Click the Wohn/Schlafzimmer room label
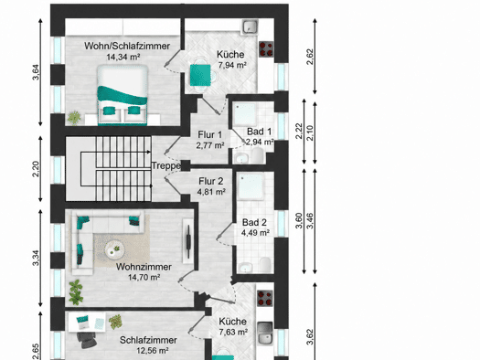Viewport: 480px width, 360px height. tap(127, 46)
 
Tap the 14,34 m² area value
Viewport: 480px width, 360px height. tap(123, 57)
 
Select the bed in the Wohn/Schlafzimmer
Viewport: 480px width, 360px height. tap(123, 95)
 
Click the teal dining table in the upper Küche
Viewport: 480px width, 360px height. tap(200, 75)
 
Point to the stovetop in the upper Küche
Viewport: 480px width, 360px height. tap(266, 49)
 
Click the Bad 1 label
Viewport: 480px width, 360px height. tap(259, 132)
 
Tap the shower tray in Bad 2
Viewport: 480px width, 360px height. tap(251, 186)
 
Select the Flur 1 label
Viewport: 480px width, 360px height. tap(210, 134)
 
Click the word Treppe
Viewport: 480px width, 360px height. tap(166, 165)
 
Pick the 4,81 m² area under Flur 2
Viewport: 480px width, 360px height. tap(211, 192)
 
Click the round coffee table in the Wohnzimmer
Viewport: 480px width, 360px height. tap(114, 249)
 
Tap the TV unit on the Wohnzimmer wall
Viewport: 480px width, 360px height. tap(188, 240)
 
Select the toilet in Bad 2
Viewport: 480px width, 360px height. tap(265, 265)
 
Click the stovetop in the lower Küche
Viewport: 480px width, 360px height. tap(265, 298)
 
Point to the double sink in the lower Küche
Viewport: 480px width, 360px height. tap(265, 334)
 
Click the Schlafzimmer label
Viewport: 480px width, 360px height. tap(148, 340)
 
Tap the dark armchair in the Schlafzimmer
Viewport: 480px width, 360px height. tap(86, 340)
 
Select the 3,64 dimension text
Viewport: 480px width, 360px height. tap(36, 72)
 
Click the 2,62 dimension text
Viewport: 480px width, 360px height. tap(310, 57)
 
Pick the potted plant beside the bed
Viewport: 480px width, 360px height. tap(74, 118)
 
